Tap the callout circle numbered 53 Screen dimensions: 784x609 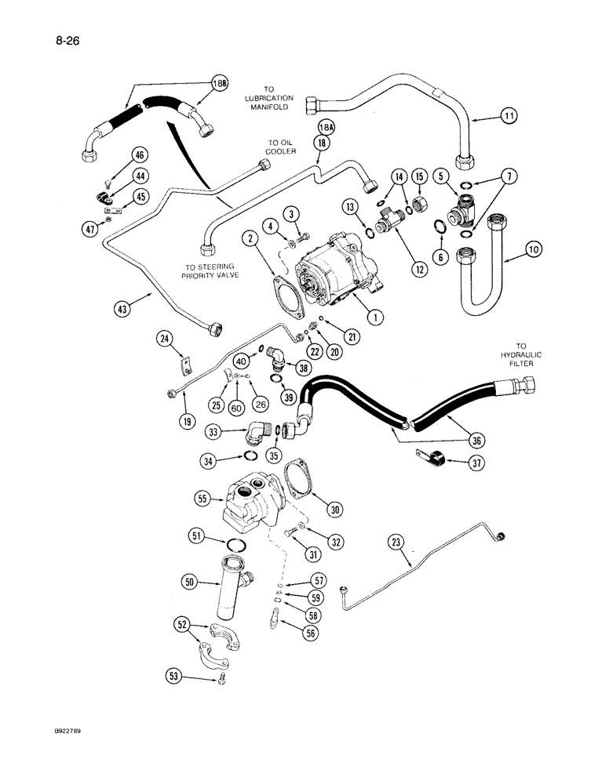coord(177,674)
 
